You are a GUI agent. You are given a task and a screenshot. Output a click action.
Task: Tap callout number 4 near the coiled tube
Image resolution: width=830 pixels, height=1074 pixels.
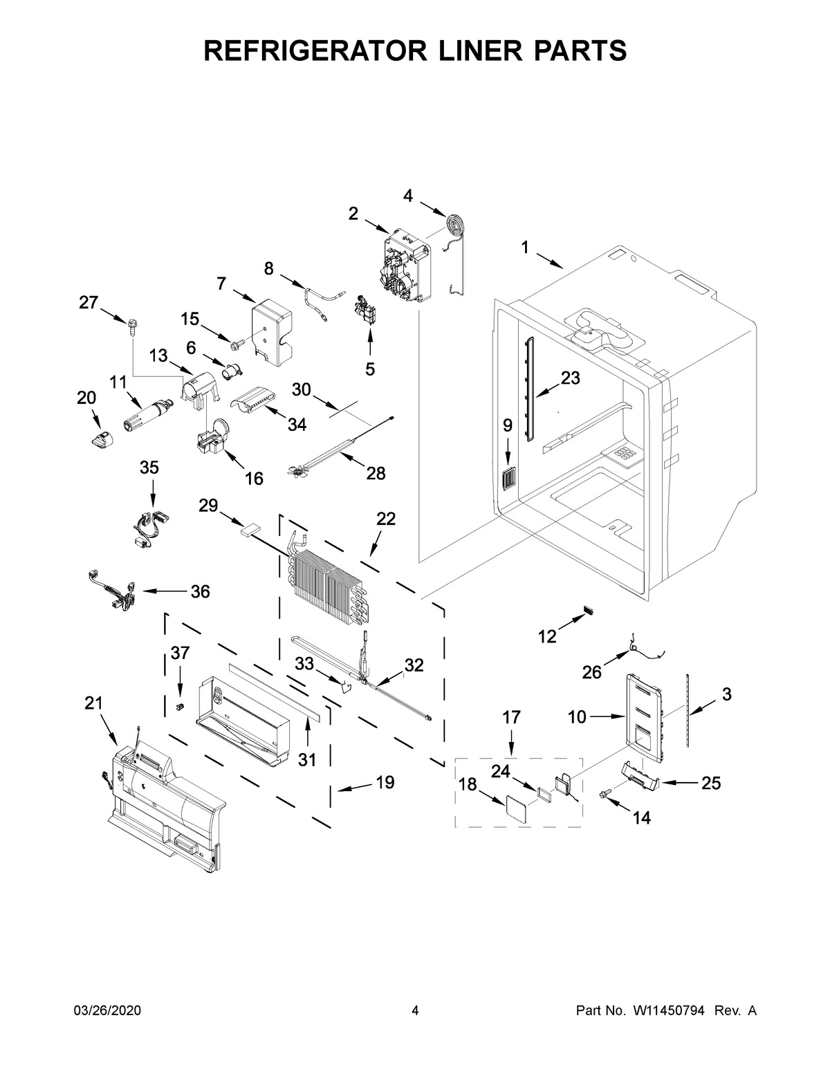408,196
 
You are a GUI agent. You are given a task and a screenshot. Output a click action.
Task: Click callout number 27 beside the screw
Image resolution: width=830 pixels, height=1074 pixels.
88,302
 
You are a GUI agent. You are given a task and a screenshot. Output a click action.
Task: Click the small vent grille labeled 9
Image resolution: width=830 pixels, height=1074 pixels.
508,477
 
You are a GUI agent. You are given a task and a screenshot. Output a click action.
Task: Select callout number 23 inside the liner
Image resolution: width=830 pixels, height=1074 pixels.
571,378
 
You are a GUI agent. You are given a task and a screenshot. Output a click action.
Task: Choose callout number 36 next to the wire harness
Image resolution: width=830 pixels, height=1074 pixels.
200,591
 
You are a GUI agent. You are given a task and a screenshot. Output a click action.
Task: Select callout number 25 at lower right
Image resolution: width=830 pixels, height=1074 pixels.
711,783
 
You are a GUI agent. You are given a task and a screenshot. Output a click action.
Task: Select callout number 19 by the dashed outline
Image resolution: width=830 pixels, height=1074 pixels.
385,782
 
